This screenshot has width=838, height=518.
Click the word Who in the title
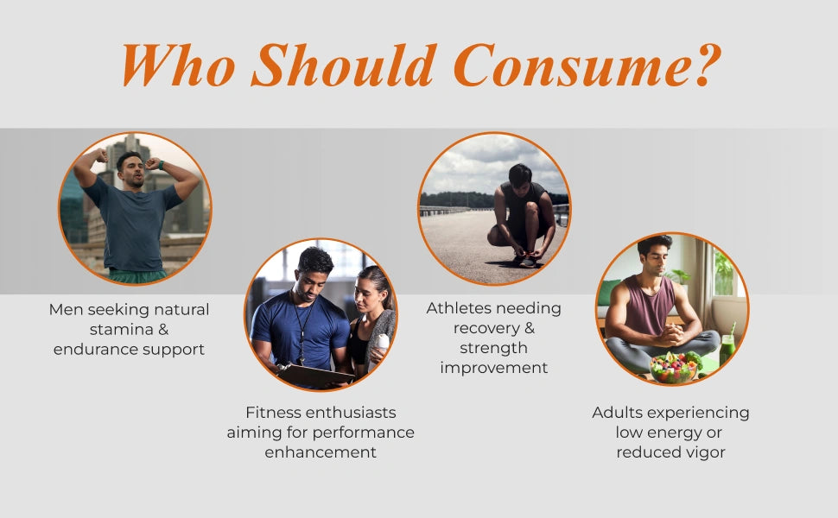pyautogui.click(x=179, y=65)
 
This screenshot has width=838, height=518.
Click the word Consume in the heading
pyautogui.click(x=569, y=65)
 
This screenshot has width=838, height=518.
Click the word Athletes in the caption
pyautogui.click(x=460, y=308)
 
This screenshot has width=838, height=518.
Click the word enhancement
pyautogui.click(x=321, y=452)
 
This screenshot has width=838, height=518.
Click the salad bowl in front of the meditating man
pyautogui.click(x=673, y=367)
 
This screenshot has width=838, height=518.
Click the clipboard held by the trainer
pyautogui.click(x=314, y=376)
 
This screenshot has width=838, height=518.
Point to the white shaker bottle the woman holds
pyautogui.click(x=380, y=346)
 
